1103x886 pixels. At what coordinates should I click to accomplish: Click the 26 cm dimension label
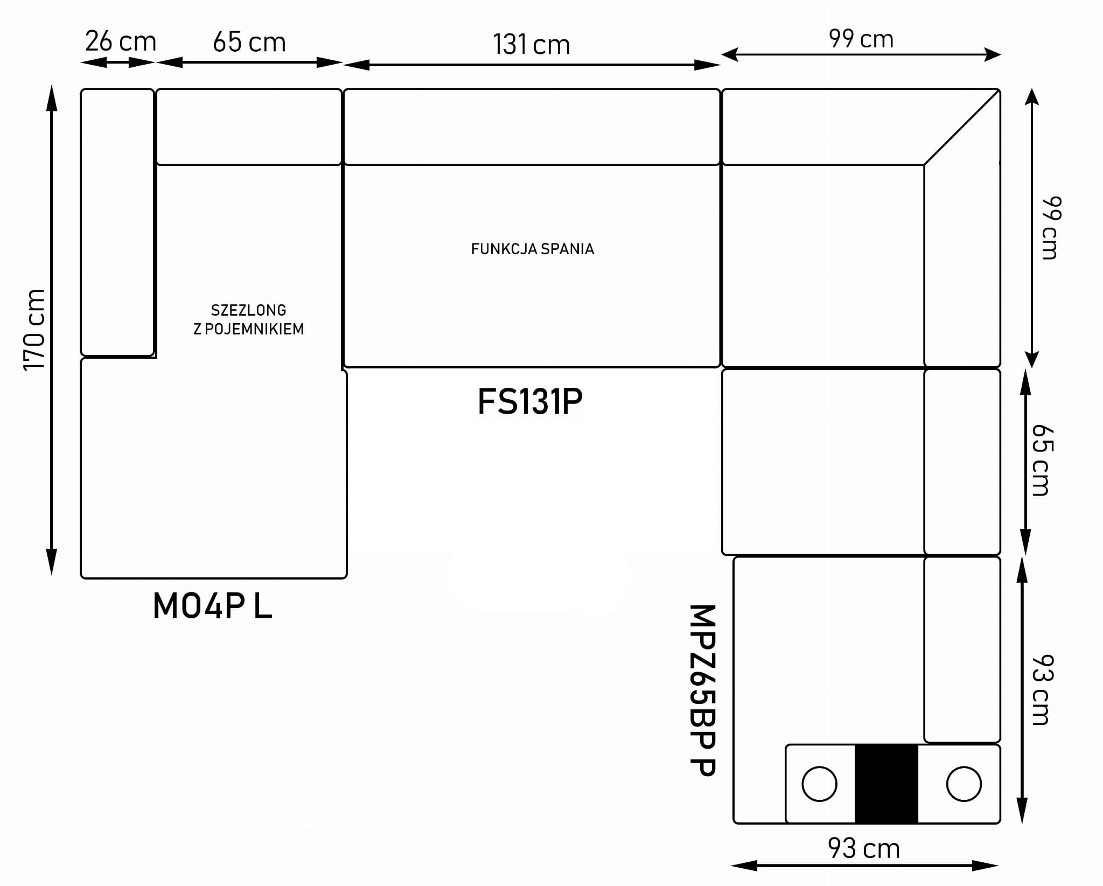[120, 42]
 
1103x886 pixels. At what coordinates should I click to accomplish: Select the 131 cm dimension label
[531, 45]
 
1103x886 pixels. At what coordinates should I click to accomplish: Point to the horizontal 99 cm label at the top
[861, 39]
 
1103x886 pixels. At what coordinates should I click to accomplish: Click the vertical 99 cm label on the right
[1051, 228]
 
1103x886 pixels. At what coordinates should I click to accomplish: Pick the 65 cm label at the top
[249, 43]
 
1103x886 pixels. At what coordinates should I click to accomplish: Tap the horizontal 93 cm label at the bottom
[863, 849]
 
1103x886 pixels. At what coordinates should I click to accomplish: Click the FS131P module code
[530, 402]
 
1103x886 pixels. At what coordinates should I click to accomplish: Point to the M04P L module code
[212, 606]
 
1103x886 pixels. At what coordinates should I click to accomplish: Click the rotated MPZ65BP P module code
[702, 690]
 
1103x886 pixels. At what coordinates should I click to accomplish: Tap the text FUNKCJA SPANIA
[532, 249]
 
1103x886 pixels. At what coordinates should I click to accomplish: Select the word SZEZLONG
[248, 310]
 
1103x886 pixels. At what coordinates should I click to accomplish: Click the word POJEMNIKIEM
[255, 329]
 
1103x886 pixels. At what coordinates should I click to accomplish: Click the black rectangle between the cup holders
[886, 784]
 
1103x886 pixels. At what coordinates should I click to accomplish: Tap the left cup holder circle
[819, 784]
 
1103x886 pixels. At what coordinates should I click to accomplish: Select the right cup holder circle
[964, 784]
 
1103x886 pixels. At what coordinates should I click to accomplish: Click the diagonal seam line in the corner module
[962, 127]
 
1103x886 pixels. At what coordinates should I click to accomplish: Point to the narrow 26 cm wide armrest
[117, 222]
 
